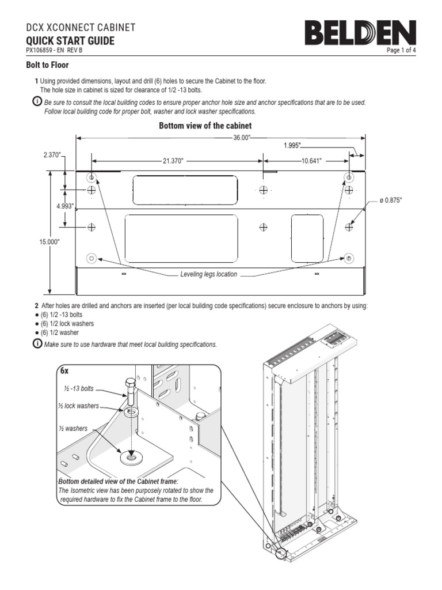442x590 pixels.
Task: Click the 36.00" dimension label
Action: pyautogui.click(x=242, y=138)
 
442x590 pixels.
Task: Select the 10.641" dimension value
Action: pyautogui.click(x=311, y=161)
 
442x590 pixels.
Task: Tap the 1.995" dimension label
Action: pyautogui.click(x=292, y=146)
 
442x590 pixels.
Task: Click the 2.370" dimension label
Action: pyautogui.click(x=52, y=155)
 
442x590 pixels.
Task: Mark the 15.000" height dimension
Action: pyautogui.click(x=49, y=243)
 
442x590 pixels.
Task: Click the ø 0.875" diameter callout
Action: pyautogui.click(x=390, y=200)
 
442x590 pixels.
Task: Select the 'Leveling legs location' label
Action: pyautogui.click(x=208, y=274)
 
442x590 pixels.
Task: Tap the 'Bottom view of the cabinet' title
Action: pyautogui.click(x=205, y=126)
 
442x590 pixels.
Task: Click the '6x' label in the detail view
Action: pyautogui.click(x=65, y=372)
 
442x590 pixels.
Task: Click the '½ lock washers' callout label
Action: pyautogui.click(x=78, y=406)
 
